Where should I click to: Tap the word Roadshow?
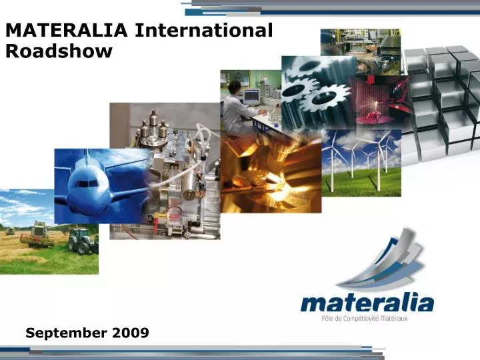coord(59,51)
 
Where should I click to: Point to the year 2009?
coord(131,331)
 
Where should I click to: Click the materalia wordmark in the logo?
coord(367,303)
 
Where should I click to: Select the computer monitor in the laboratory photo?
coord(251,95)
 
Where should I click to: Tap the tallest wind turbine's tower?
coord(377,167)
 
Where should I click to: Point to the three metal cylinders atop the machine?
coord(154,127)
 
